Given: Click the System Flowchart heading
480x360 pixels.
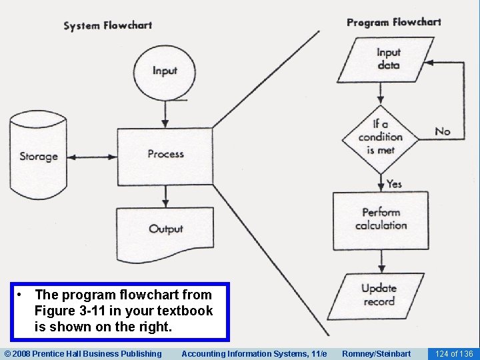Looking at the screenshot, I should (107, 26).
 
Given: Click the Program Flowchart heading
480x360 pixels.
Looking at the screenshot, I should (393, 22).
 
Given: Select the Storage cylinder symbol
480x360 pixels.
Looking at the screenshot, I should (38, 157).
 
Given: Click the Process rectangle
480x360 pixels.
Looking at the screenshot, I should (165, 155).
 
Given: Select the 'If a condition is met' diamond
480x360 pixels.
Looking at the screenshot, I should (380, 137).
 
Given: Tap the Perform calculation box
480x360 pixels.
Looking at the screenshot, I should (381, 219).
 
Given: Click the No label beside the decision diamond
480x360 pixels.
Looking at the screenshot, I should (443, 131).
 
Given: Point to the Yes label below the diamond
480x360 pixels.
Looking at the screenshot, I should (394, 183).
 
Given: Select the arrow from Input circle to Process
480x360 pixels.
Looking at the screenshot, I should (165, 113).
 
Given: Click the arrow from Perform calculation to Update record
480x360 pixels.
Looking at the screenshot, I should (380, 261).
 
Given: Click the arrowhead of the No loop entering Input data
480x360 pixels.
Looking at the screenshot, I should (431, 62).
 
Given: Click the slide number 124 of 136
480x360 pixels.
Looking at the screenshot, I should (453, 353).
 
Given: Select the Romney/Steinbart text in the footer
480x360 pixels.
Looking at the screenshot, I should (376, 353).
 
